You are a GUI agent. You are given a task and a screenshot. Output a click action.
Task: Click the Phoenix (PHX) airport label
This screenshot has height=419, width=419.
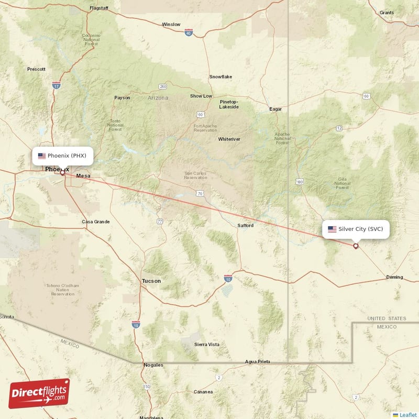point(63,156)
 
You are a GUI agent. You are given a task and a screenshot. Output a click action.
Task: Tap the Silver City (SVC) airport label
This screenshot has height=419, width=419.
point(356,229)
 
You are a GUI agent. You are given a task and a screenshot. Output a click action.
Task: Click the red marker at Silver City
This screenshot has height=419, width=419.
point(356,246)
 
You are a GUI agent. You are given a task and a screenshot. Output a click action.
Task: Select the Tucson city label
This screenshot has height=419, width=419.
point(151,281)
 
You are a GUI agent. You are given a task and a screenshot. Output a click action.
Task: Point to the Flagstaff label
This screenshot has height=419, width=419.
point(98,9)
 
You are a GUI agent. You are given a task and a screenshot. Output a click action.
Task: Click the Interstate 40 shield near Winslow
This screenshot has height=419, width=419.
point(188,32)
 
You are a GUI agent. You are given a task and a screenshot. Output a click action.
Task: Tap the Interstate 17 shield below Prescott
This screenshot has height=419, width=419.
point(56,85)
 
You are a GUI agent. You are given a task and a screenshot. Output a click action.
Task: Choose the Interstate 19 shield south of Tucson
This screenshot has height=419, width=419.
point(136,325)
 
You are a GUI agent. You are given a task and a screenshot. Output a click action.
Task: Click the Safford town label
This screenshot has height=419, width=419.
point(245,226)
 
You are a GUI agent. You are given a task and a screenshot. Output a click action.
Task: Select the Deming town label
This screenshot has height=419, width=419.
point(394,277)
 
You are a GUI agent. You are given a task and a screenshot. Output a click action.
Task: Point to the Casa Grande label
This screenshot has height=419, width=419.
point(96,222)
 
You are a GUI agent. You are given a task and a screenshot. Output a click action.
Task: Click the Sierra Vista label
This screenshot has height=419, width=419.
point(207,344)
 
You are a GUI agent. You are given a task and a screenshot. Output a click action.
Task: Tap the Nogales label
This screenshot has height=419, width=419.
point(153,365)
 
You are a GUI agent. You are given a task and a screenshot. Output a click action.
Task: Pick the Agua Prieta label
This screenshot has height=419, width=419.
point(258,362)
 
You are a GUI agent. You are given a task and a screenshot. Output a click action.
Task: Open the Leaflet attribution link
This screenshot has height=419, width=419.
point(408,415)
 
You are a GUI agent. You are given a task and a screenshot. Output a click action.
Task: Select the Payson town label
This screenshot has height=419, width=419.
point(122,98)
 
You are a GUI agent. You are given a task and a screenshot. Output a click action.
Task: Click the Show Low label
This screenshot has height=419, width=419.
point(201,96)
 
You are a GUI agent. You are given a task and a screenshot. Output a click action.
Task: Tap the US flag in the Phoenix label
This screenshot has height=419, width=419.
point(42,156)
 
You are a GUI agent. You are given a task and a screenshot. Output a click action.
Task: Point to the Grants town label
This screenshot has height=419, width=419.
point(387,13)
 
